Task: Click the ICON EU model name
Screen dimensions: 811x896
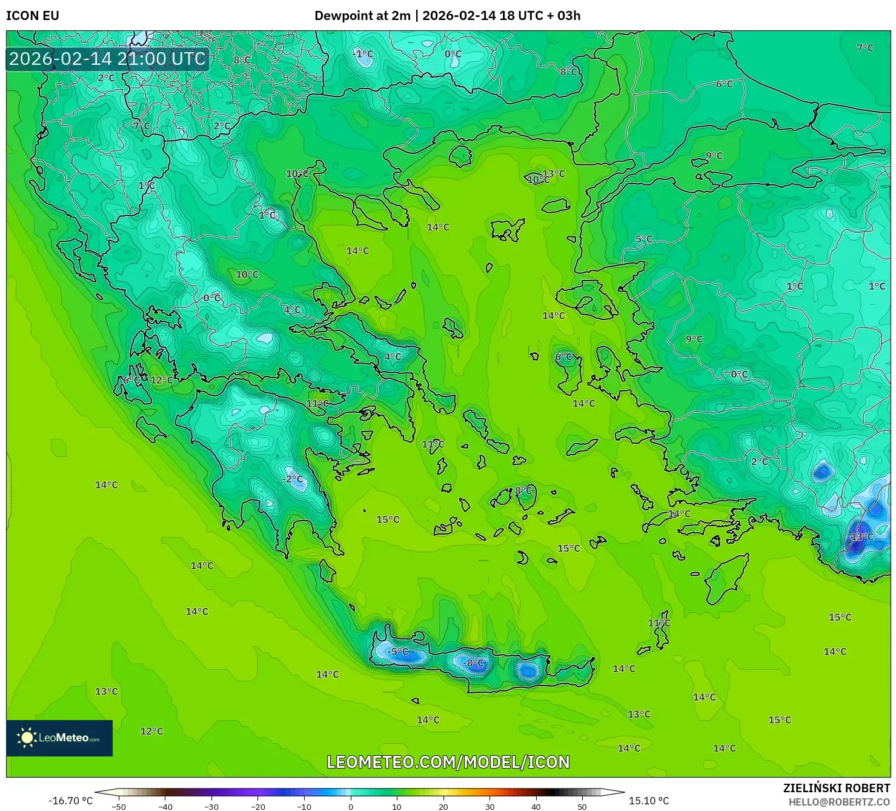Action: [33, 16]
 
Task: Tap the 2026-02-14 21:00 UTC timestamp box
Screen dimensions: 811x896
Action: [107, 59]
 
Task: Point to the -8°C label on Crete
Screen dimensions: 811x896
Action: [473, 663]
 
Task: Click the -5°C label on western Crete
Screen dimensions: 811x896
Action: [398, 652]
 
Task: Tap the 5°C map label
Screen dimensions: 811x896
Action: [644, 239]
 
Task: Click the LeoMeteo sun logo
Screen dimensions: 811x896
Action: [27, 738]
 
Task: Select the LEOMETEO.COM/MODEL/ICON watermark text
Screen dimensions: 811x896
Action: [448, 762]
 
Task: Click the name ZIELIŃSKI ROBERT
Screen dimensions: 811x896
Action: [836, 789]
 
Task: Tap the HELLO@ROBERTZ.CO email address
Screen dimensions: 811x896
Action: [839, 802]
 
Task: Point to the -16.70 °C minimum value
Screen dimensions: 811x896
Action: [71, 801]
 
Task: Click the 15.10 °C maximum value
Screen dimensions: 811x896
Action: [648, 801]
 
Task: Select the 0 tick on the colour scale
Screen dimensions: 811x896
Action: [351, 806]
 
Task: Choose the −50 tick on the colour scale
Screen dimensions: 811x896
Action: [119, 806]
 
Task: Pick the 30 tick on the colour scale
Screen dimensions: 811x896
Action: [489, 806]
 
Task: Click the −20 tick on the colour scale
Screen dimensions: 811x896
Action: [257, 806]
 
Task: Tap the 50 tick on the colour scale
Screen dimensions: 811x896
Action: [582, 806]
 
